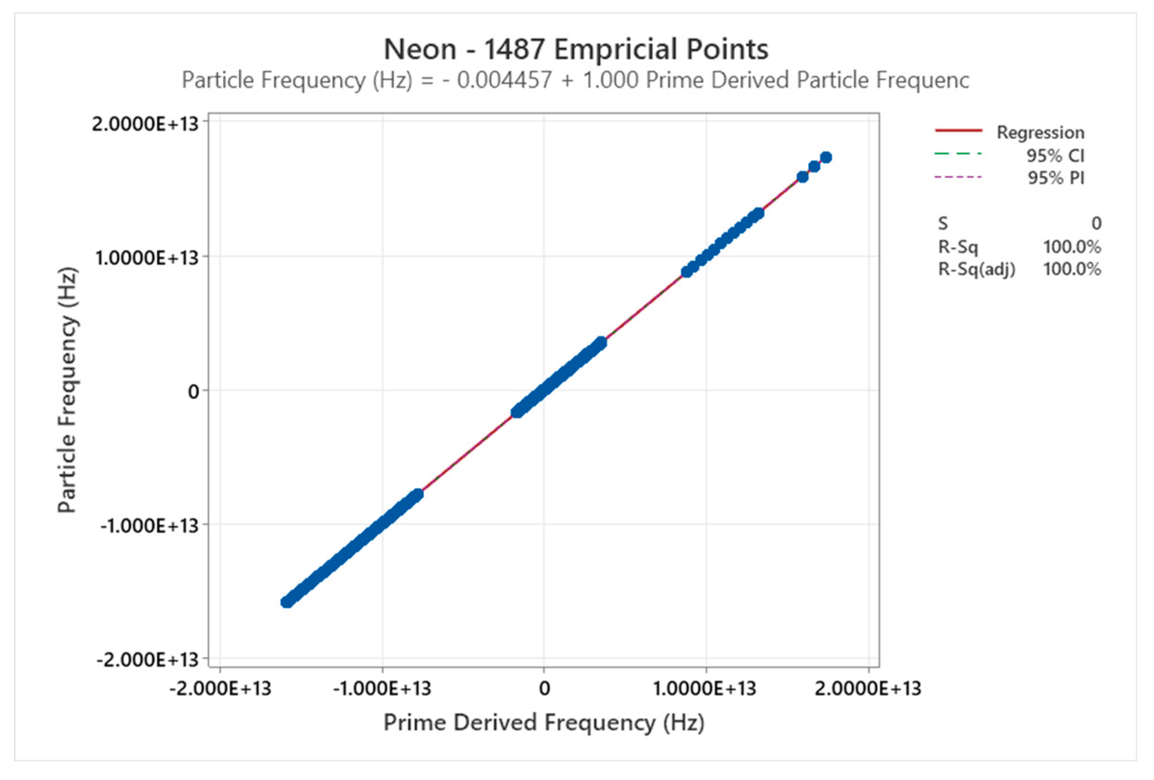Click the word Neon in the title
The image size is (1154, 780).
[x=420, y=50]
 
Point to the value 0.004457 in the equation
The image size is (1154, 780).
[x=504, y=80]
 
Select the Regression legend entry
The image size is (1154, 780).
[x=1040, y=133]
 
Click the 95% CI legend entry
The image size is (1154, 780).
[x=1055, y=156]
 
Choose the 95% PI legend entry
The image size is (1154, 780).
[x=1056, y=178]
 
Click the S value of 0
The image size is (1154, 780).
[x=1096, y=223]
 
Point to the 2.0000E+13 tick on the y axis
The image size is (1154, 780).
[x=145, y=124]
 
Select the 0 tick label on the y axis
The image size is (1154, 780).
[x=193, y=392]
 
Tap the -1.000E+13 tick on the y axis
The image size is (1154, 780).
[x=150, y=525]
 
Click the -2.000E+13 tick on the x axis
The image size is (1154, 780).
[x=220, y=688]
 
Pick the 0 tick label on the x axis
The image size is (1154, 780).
[x=544, y=688]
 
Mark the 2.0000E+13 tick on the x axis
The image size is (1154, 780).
[x=867, y=688]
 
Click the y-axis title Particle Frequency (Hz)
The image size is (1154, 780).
[x=67, y=390]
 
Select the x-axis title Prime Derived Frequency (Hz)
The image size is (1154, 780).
[x=544, y=722]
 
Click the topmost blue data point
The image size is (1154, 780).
[x=826, y=157]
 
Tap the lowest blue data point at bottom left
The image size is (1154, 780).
[x=287, y=602]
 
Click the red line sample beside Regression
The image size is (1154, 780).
[x=958, y=131]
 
